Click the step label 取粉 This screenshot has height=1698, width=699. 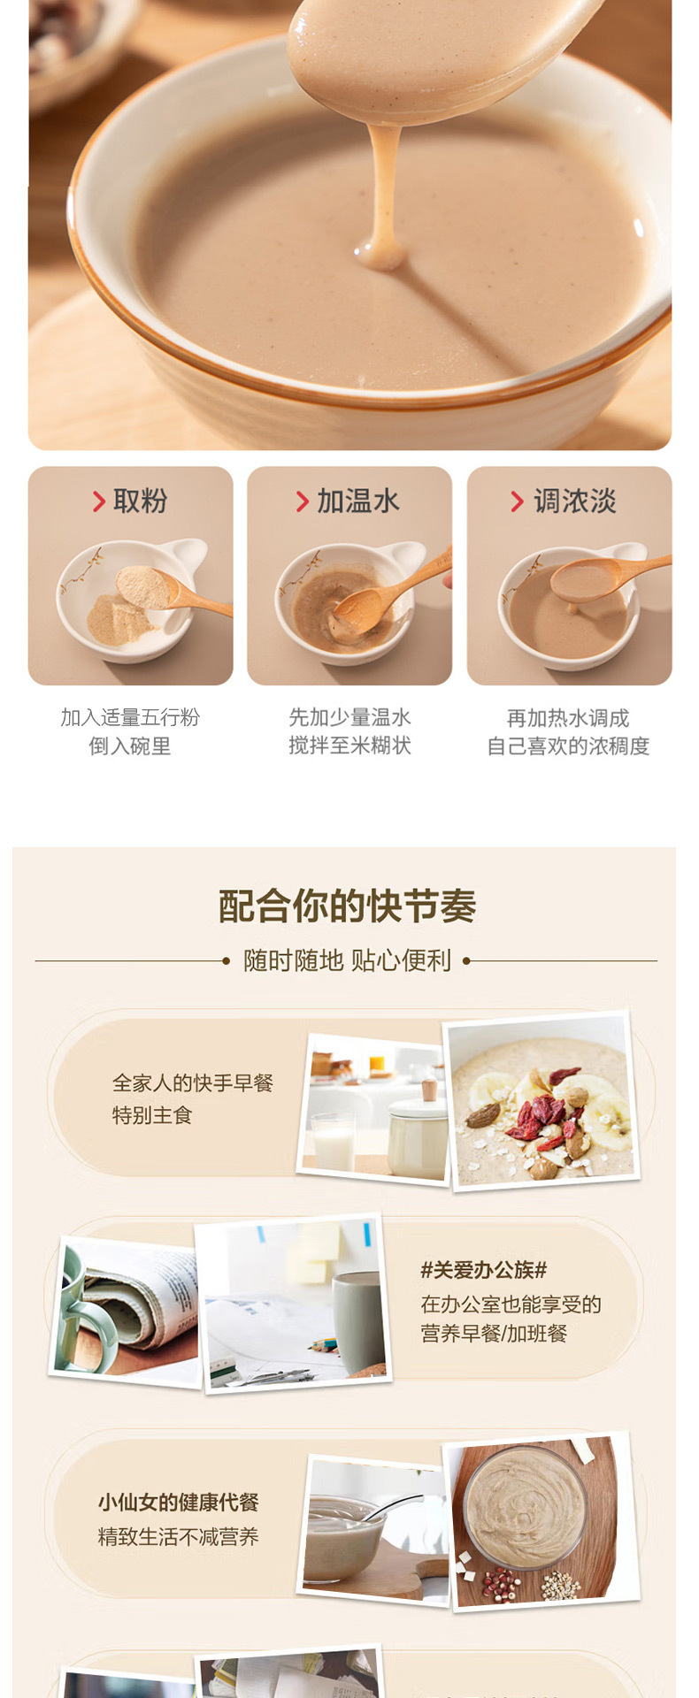click(x=140, y=501)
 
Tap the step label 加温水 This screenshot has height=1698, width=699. click(x=358, y=501)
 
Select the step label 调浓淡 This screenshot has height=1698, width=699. click(x=575, y=501)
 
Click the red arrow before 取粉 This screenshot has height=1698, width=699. click(x=99, y=501)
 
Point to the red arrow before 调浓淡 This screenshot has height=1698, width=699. click(x=517, y=501)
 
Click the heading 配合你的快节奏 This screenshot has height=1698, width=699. click(x=348, y=906)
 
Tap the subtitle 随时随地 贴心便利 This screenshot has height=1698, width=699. click(x=348, y=960)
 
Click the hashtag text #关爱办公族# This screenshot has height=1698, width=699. click(x=484, y=1270)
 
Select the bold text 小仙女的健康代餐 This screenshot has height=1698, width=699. click(x=178, y=1503)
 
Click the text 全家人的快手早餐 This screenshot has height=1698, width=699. click(x=193, y=1083)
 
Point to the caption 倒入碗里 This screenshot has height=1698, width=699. click(x=130, y=746)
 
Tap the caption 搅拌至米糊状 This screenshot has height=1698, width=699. click(x=350, y=746)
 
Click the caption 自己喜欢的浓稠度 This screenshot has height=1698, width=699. click(x=568, y=746)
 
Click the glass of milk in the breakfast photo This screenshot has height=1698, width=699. click(x=333, y=1142)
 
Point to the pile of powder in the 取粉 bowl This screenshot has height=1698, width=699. click(x=119, y=619)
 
